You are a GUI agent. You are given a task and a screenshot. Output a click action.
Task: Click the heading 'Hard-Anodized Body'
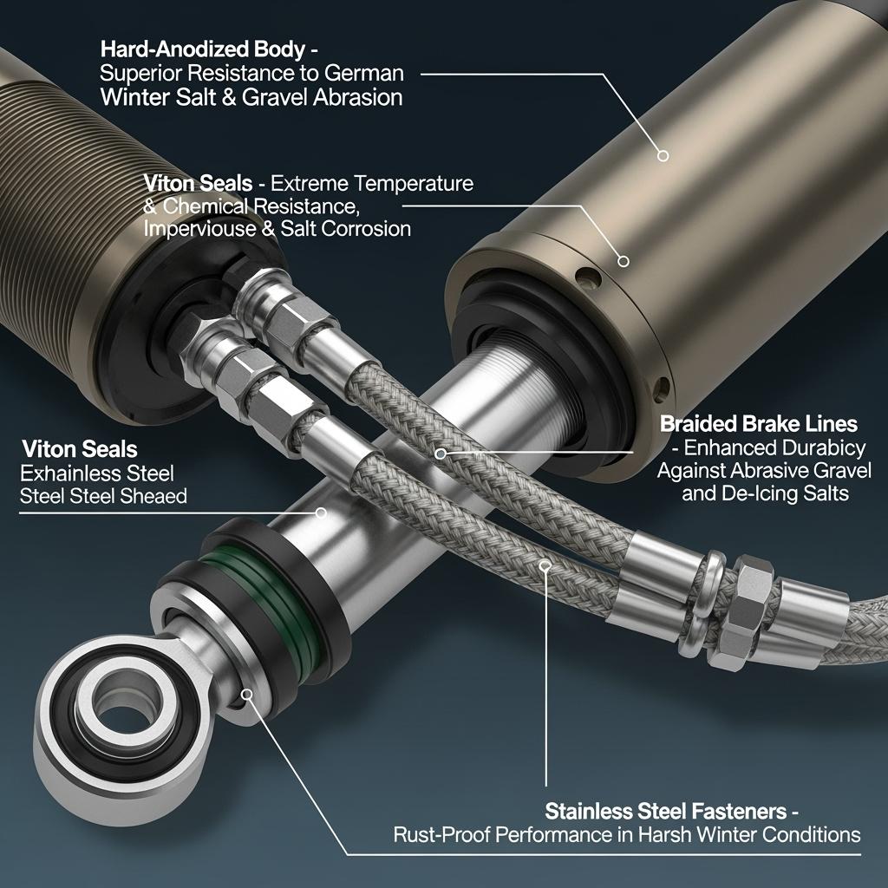tap(203, 49)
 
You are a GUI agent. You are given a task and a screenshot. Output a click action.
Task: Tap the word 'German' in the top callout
tap(364, 73)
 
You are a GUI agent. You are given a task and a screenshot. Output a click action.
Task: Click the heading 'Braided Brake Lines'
tap(759, 423)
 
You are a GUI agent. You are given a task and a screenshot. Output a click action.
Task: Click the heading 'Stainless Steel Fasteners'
tap(666, 811)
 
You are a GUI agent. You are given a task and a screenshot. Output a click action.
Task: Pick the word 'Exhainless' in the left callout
tap(70, 473)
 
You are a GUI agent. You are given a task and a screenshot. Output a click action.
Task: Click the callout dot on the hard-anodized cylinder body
tap(663, 155)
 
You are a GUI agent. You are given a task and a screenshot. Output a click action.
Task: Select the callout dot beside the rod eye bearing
tap(247, 695)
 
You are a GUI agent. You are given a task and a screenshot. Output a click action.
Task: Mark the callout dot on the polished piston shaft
tap(321, 513)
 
